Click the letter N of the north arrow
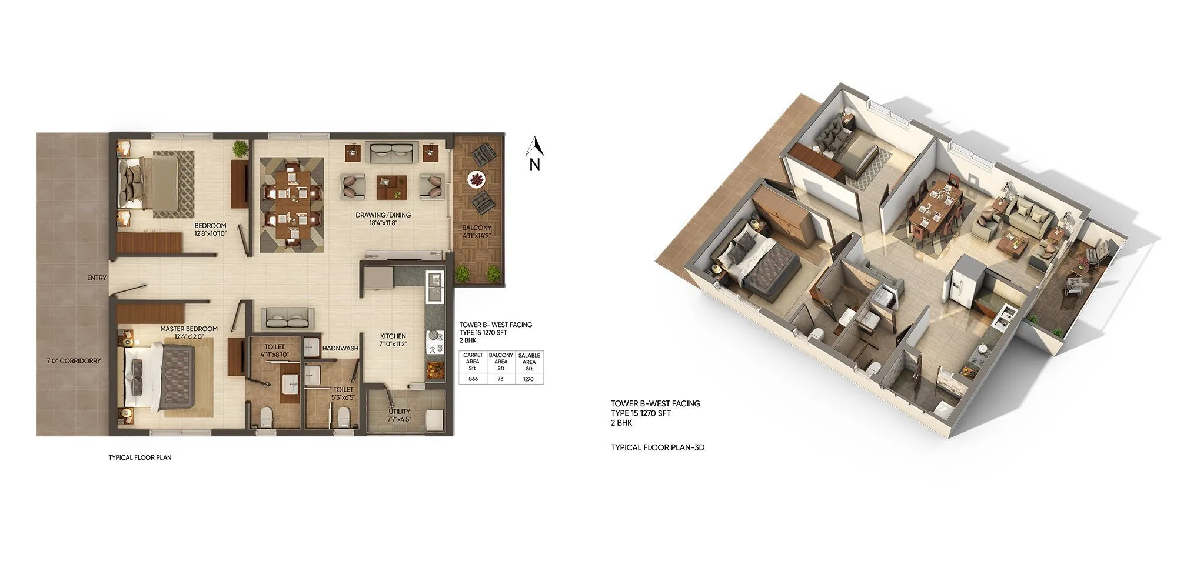(x=534, y=165)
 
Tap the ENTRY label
(x=97, y=278)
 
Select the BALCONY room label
(x=476, y=228)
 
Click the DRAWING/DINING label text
(x=383, y=215)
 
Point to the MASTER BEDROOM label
(x=189, y=329)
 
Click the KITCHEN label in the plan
(x=393, y=336)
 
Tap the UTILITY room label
(x=399, y=412)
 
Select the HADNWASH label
(x=340, y=348)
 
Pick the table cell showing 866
(x=473, y=379)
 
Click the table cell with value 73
(x=501, y=379)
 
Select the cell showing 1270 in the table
(x=528, y=379)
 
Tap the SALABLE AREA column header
(x=529, y=362)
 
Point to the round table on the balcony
(x=476, y=179)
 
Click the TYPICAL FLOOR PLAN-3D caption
(x=657, y=447)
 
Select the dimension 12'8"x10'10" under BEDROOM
(x=210, y=233)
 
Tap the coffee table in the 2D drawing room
(x=392, y=187)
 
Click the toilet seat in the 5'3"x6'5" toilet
(x=344, y=418)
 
